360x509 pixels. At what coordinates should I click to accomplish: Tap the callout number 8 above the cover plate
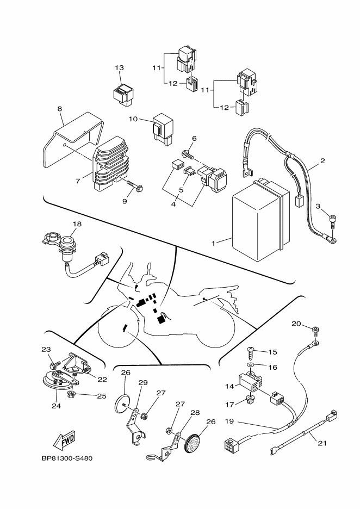pyautogui.click(x=59, y=109)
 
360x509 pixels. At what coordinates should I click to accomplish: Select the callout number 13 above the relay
pyautogui.click(x=119, y=68)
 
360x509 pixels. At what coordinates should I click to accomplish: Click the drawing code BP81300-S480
pyautogui.click(x=67, y=458)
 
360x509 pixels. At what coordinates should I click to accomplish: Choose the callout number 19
pyautogui.click(x=230, y=421)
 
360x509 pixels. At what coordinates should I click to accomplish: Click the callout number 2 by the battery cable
pyautogui.click(x=322, y=161)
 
